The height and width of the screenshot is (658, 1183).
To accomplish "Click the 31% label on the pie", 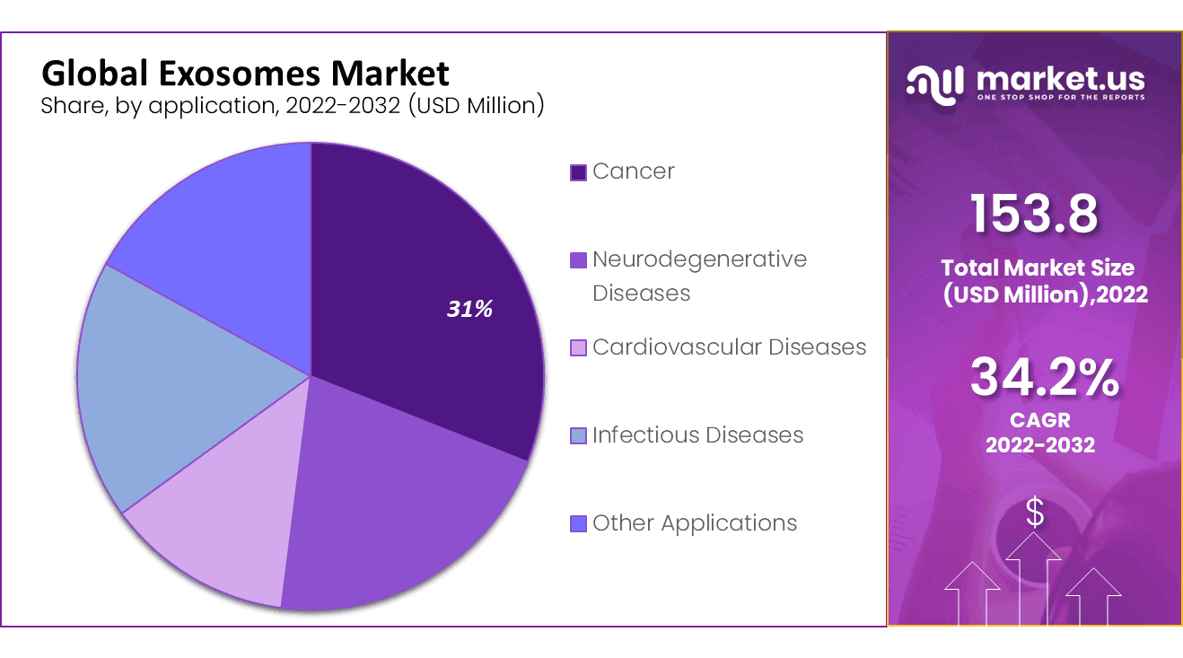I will pyautogui.click(x=470, y=310).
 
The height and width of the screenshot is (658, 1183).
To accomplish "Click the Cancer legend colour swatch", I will pyautogui.click(x=579, y=172).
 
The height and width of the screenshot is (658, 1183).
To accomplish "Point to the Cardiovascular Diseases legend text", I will pyautogui.click(x=729, y=347).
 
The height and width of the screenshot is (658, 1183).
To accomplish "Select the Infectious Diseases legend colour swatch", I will pyautogui.click(x=579, y=436).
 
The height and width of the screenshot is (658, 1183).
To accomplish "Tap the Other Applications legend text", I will pyautogui.click(x=694, y=523).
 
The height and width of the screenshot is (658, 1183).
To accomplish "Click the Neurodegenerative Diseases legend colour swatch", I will pyautogui.click(x=579, y=260).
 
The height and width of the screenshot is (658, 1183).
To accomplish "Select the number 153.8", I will pyautogui.click(x=1034, y=215).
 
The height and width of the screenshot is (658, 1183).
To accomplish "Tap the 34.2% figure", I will pyautogui.click(x=1044, y=378).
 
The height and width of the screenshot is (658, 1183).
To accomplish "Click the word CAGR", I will pyautogui.click(x=1040, y=420).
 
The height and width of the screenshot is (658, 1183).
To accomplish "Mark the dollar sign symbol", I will pyautogui.click(x=1035, y=513).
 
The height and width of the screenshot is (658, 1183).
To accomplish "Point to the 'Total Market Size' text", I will pyautogui.click(x=1037, y=268).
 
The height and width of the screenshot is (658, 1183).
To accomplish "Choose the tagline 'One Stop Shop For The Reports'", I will pyautogui.click(x=1060, y=97).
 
